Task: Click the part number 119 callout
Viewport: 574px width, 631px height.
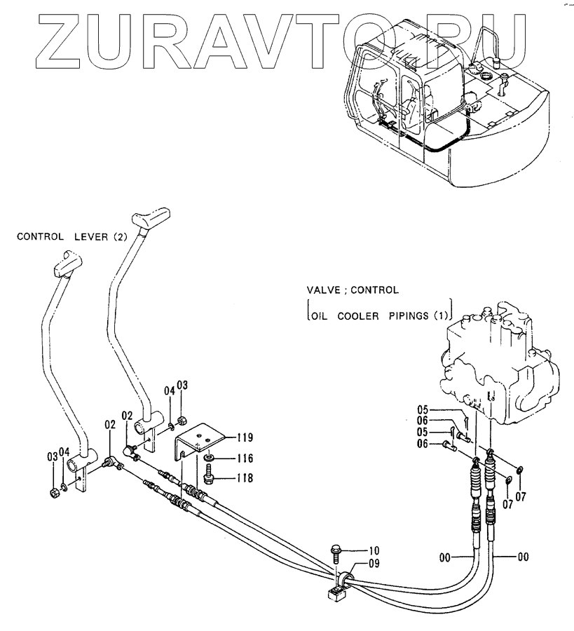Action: pyautogui.click(x=245, y=437)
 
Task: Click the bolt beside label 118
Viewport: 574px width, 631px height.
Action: pyautogui.click(x=208, y=476)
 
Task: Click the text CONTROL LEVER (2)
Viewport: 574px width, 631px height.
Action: pyautogui.click(x=71, y=237)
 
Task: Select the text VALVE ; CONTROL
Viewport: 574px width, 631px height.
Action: pyautogui.click(x=353, y=289)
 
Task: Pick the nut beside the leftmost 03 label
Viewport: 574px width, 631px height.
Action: pyautogui.click(x=55, y=492)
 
